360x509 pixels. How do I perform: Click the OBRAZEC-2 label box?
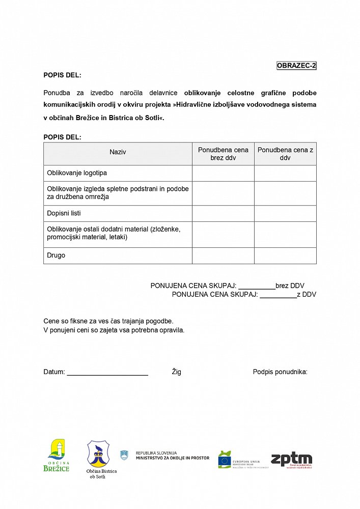[296, 66]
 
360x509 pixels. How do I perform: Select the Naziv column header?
[118, 152]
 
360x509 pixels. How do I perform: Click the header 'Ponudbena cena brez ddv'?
[223, 154]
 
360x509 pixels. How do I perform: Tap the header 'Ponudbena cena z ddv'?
[285, 154]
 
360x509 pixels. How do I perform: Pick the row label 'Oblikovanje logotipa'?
[77, 173]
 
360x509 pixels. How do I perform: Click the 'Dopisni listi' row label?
[64, 213]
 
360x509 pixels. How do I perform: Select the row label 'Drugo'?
[56, 256]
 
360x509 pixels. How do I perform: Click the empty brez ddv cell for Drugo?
[223, 256]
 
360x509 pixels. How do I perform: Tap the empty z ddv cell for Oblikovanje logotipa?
[285, 173]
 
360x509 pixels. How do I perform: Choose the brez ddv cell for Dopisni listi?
[223, 213]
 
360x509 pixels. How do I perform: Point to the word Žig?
[176, 372]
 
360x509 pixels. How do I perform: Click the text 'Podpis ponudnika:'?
[280, 372]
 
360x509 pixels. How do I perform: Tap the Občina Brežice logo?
[56, 455]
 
